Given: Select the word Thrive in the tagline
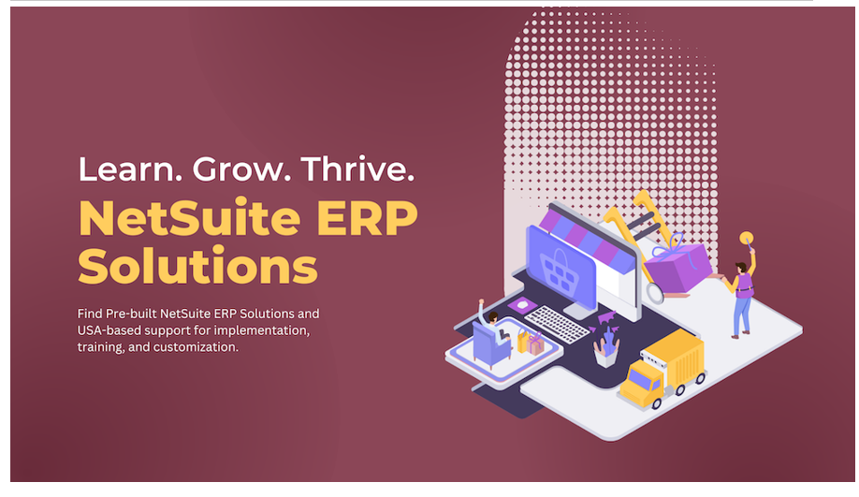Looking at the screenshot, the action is (x=357, y=168).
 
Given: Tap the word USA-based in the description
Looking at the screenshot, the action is (x=109, y=330).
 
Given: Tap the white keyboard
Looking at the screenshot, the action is (x=557, y=324).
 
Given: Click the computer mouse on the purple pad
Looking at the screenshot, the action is (x=523, y=304).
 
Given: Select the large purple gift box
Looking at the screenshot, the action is (x=677, y=268).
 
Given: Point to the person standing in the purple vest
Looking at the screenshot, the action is (x=741, y=296).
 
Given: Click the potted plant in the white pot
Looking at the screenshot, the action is (x=606, y=346).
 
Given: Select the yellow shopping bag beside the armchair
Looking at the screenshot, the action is (x=522, y=342).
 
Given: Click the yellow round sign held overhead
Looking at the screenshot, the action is (x=746, y=239).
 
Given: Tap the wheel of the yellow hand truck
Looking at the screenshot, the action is (x=655, y=293).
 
